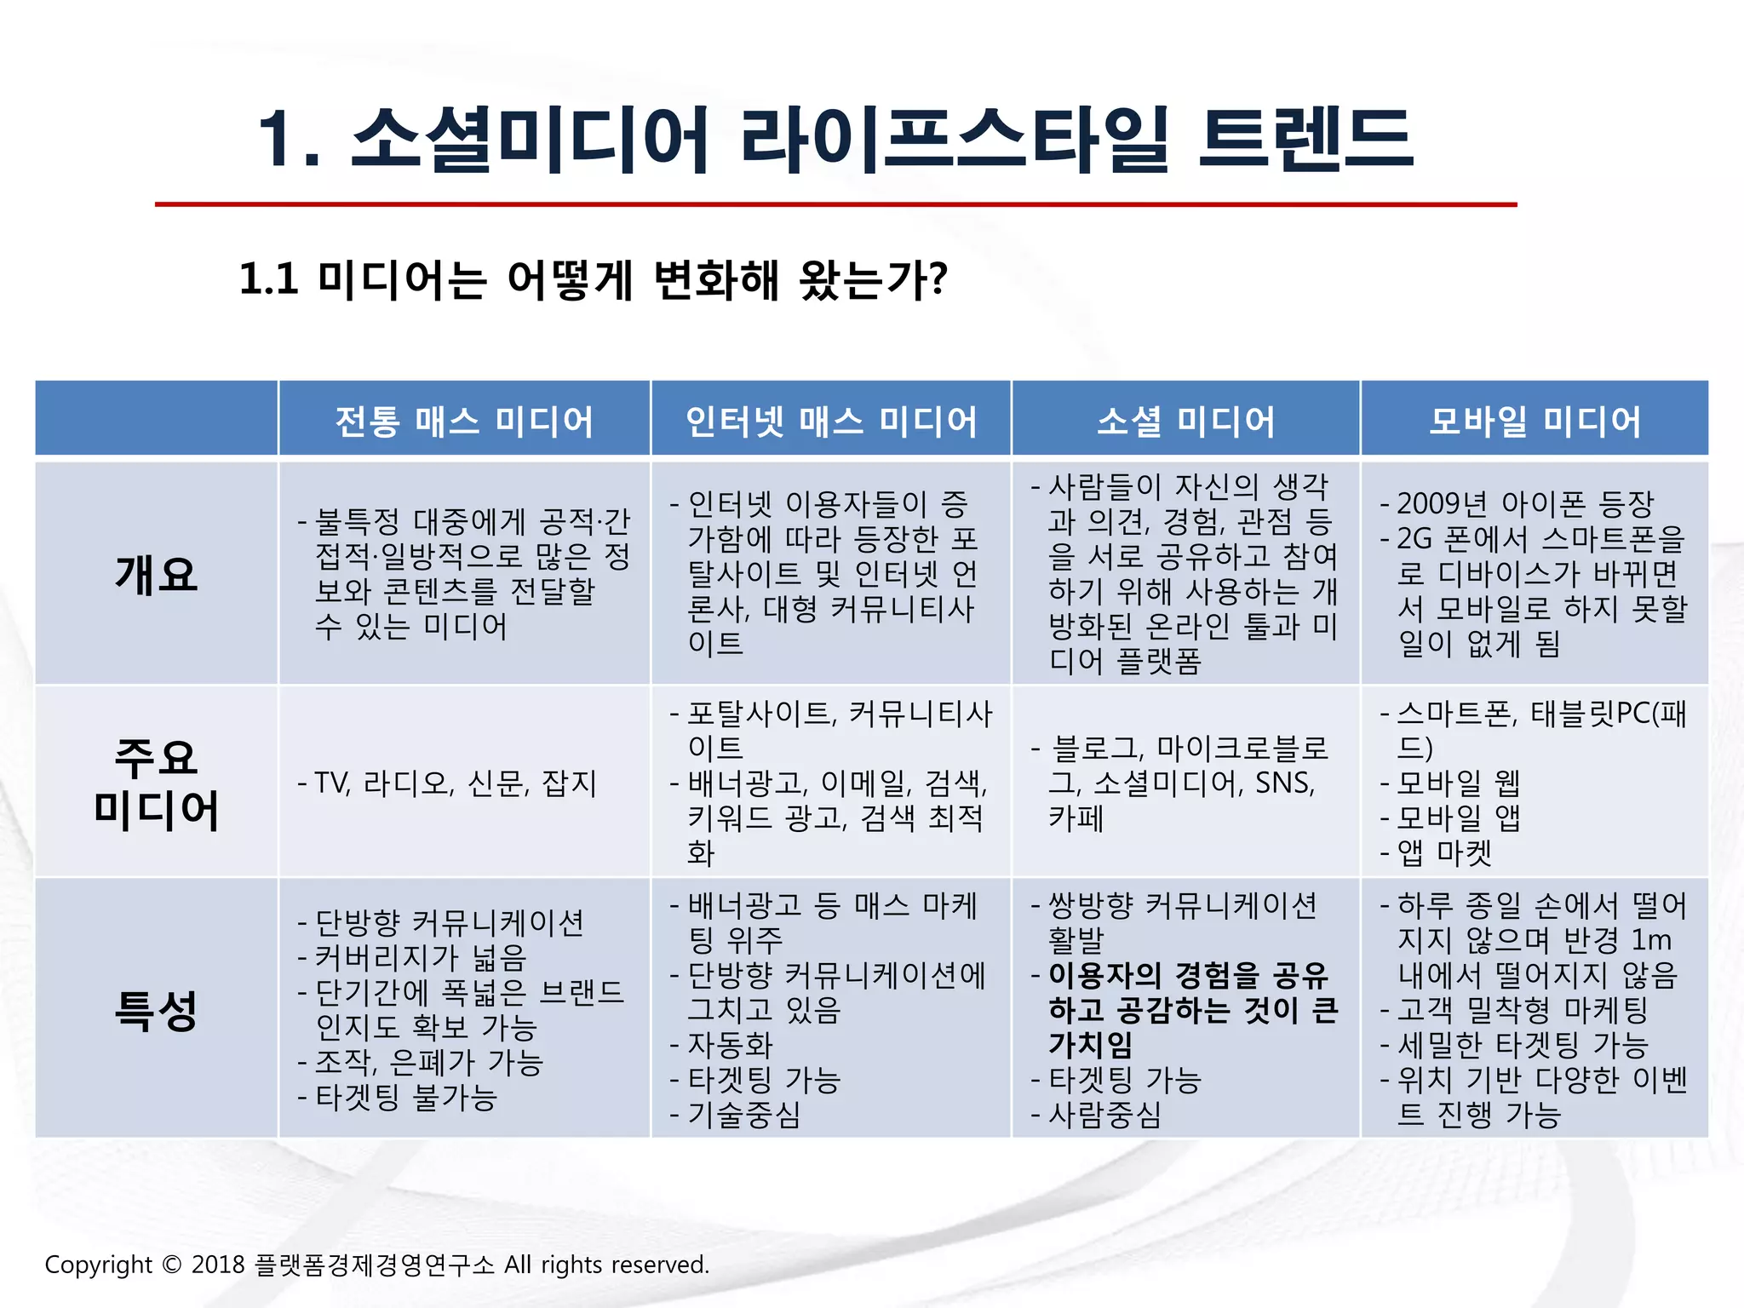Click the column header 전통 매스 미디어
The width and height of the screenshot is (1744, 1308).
[x=464, y=421]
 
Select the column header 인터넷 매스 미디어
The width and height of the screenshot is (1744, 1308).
[x=831, y=421]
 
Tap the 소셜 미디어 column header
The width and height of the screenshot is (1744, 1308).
[x=1185, y=421]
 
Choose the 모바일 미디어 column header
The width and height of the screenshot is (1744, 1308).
[x=1535, y=421]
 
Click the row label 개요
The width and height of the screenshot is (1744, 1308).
[x=157, y=574]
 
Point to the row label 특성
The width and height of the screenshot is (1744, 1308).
[x=157, y=1011]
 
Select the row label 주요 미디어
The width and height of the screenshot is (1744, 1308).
[x=157, y=783]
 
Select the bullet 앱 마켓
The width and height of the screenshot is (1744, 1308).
[x=1445, y=852]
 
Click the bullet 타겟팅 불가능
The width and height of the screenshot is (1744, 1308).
[x=406, y=1097]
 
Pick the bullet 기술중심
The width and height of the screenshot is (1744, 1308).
[x=743, y=1114]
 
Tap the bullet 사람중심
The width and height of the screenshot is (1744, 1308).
[x=1104, y=1114]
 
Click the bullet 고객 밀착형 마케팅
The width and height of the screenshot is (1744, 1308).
[x=1523, y=1010]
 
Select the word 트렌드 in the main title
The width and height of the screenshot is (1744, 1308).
[x=1305, y=139]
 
